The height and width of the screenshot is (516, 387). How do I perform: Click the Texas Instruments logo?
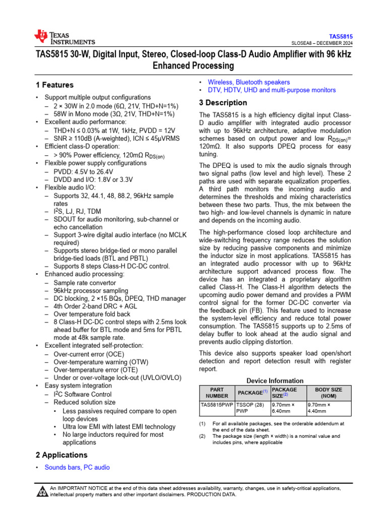[63, 37]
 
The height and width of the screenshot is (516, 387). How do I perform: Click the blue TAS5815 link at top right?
[341, 37]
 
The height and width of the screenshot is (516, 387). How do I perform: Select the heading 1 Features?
[54, 85]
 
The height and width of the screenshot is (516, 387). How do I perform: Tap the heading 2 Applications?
[62, 455]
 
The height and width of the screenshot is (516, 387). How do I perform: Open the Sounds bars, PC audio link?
[77, 467]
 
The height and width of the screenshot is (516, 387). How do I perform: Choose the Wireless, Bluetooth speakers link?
[249, 82]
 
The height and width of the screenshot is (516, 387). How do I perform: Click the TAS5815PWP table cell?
[217, 404]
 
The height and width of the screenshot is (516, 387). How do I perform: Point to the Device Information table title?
[275, 381]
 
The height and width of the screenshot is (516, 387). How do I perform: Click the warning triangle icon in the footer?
[42, 491]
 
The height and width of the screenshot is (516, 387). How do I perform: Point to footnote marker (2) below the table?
[202, 436]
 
